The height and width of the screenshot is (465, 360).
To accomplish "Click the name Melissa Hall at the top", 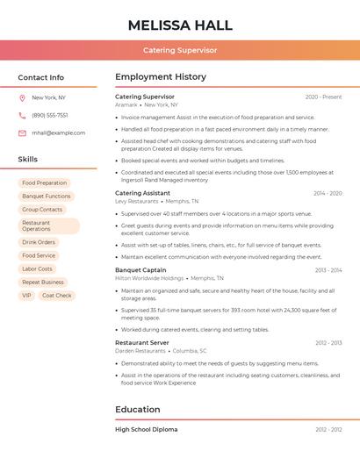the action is coord(180,25).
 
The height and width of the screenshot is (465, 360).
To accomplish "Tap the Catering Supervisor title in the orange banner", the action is coord(180,50).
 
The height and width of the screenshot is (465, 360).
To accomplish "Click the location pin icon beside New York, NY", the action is coord(22,97).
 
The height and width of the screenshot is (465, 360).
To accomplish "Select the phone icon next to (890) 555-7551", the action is coord(22,115).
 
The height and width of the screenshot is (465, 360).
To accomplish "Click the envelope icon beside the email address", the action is coord(22,132).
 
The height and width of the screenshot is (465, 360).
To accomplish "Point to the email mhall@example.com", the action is coord(59,132).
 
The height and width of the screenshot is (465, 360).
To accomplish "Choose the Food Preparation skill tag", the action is coord(45,182).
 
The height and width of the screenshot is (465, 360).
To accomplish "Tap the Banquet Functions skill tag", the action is coord(47,197).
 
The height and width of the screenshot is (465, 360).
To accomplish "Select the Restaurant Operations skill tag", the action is coord(49,226).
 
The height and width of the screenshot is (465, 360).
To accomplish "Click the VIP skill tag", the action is coord(26,296).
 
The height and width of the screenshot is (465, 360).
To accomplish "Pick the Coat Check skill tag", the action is coord(56,296).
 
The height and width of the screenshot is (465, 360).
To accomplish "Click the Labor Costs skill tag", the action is coord(37,268).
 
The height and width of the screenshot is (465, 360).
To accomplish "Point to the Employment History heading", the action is coord(161,77).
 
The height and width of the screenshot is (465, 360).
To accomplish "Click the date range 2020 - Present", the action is coord(323,97).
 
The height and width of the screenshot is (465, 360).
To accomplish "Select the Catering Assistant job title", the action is coord(142,192).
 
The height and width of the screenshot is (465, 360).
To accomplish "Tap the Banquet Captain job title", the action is coord(140,270).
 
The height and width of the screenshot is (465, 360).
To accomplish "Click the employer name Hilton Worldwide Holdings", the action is coord(149,278).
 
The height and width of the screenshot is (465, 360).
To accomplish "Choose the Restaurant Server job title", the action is coord(142,342).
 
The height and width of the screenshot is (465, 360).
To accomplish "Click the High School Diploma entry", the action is coord(146,429).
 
